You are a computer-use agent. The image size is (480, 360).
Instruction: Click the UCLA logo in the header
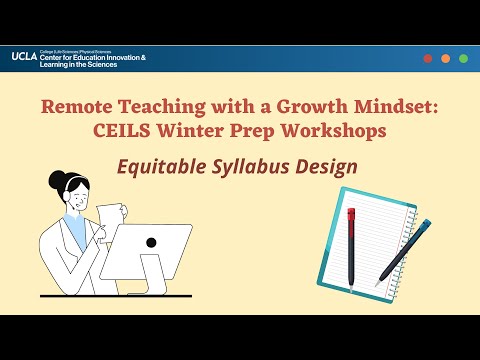[x=25, y=57]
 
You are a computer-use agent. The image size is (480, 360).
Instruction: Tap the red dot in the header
[x=428, y=58]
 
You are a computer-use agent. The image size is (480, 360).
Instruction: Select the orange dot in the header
[x=446, y=58]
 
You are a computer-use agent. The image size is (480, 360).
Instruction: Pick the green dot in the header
[x=464, y=58]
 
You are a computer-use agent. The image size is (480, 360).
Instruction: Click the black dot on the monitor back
[x=151, y=242]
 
